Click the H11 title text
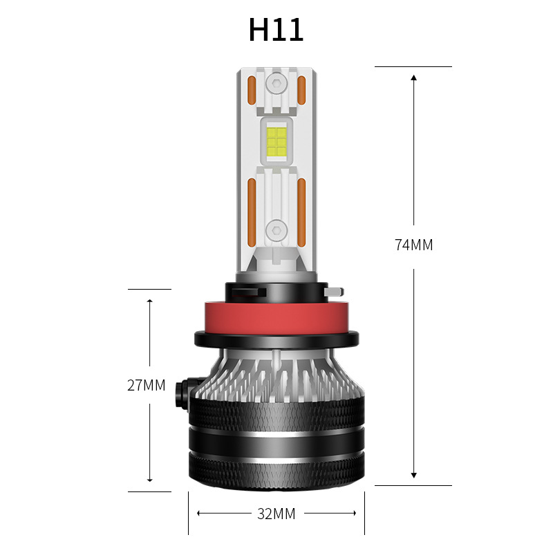276,30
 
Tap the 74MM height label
413,245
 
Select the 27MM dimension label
147,385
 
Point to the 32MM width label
276,514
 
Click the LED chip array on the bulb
276,142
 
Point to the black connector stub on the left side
183,391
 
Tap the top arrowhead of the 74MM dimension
413,77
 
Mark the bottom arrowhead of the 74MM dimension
413,475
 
